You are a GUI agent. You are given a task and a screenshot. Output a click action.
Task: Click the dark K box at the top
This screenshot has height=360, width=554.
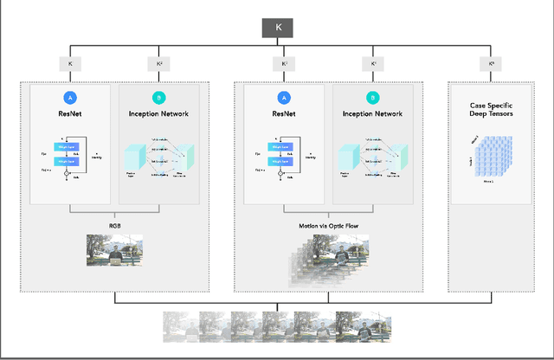[278, 28]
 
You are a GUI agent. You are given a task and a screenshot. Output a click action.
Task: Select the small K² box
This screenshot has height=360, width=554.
[159, 64]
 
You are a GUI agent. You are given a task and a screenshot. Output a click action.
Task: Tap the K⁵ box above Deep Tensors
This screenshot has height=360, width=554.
[493, 64]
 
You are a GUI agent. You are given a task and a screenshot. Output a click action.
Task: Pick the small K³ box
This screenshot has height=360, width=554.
[285, 64]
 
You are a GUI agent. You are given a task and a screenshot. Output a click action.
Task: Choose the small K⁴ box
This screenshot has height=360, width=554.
[373, 64]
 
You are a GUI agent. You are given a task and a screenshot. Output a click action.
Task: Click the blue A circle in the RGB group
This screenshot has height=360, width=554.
[70, 98]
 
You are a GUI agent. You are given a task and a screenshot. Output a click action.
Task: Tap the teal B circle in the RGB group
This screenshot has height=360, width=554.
[158, 98]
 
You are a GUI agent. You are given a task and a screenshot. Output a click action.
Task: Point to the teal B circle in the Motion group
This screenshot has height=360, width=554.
[373, 98]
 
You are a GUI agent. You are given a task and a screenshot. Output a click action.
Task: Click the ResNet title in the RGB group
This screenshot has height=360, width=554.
[70, 113]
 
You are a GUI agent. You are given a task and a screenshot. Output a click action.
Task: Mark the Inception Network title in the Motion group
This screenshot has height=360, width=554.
[373, 113]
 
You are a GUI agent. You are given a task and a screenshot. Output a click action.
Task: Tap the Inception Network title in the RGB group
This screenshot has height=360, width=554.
[158, 113]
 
